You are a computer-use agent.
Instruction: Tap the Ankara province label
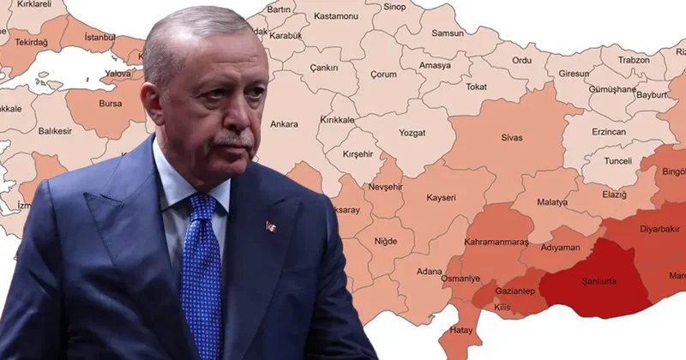pyautogui.click(x=284, y=124)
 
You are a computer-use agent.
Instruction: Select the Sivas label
pyautogui.click(x=512, y=135)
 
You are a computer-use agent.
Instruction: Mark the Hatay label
pyautogui.click(x=462, y=329)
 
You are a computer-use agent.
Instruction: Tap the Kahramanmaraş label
pyautogui.click(x=496, y=242)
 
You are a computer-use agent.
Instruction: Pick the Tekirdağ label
pyautogui.click(x=31, y=42)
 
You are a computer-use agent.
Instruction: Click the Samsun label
pyautogui.click(x=447, y=33)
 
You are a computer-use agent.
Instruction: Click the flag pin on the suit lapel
pyautogui.click(x=271, y=226)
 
